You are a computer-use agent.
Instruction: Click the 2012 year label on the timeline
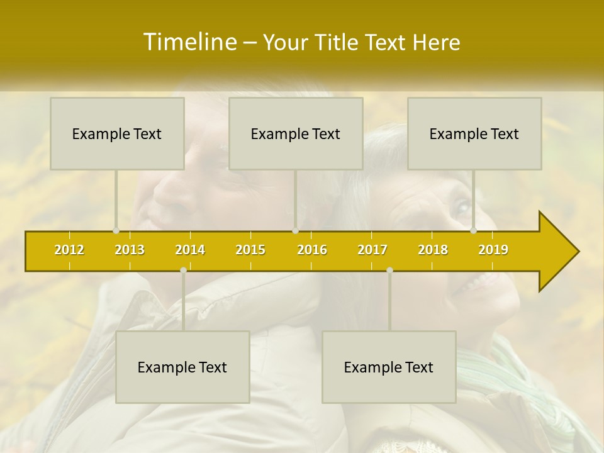click(x=69, y=250)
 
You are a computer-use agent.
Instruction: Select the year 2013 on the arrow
click(x=130, y=250)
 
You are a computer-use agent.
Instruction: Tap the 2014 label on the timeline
click(x=190, y=250)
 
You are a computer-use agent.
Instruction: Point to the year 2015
click(x=250, y=250)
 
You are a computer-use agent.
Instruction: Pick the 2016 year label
click(x=312, y=250)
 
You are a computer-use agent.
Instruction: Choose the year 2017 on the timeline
click(x=372, y=250)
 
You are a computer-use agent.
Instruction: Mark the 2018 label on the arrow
click(x=433, y=250)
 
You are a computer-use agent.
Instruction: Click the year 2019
click(x=493, y=250)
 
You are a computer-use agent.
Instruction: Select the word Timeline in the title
click(x=189, y=42)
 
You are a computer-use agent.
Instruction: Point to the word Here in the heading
click(x=437, y=43)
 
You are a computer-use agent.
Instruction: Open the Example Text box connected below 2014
click(x=182, y=367)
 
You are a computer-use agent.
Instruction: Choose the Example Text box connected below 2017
click(x=389, y=367)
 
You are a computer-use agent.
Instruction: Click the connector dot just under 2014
click(x=183, y=270)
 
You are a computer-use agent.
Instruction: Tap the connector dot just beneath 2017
click(x=389, y=270)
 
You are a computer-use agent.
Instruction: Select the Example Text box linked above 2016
click(x=296, y=133)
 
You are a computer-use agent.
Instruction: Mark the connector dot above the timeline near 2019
click(x=474, y=230)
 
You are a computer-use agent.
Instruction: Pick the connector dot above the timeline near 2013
click(x=116, y=230)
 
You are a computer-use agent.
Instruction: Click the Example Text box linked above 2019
click(x=474, y=133)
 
